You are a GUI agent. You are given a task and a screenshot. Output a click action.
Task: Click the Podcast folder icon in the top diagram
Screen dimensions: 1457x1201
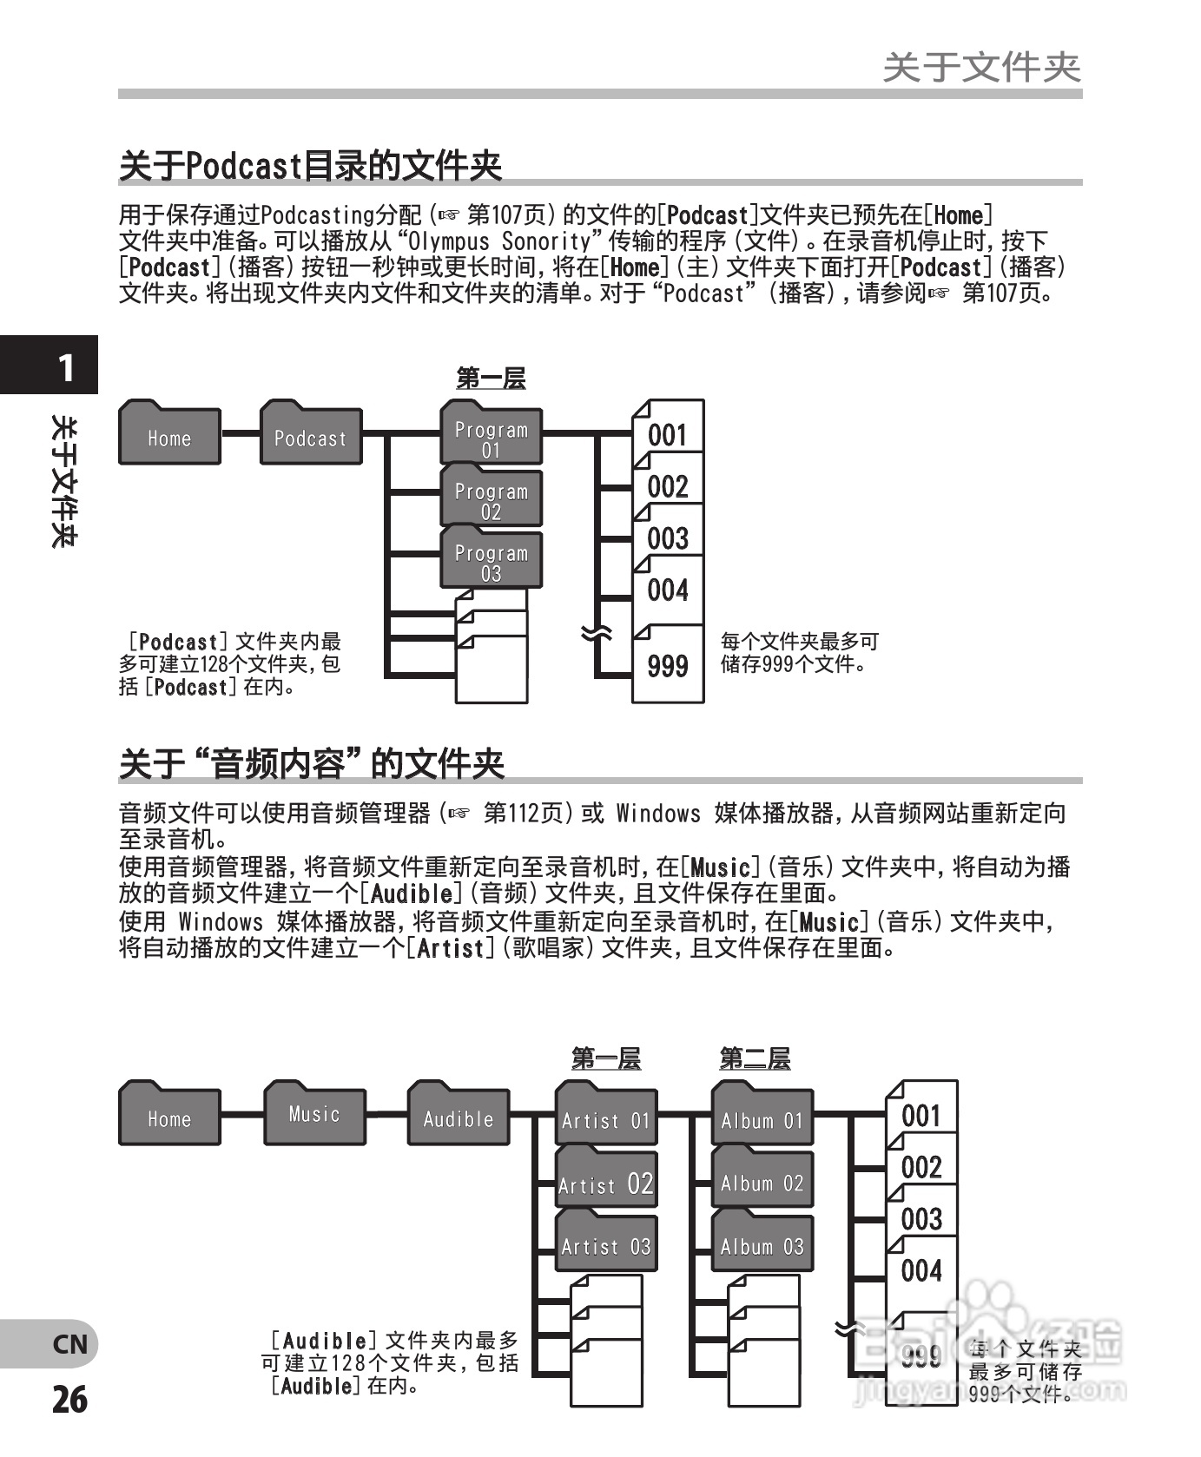coord(310,436)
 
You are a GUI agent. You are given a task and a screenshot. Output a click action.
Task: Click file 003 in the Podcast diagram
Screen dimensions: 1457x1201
coord(667,538)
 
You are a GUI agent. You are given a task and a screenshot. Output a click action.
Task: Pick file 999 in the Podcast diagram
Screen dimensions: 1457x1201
coord(667,666)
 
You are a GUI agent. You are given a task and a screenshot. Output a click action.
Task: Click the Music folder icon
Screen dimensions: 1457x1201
coord(314,1116)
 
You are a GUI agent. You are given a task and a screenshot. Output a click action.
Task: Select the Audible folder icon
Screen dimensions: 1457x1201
coord(458,1117)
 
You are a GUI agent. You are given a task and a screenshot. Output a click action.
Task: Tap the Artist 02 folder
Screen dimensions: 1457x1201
coord(605,1182)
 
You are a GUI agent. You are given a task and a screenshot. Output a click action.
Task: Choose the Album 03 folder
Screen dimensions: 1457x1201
coord(762,1244)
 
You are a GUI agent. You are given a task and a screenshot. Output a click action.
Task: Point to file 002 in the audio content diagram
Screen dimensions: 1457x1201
coord(921,1167)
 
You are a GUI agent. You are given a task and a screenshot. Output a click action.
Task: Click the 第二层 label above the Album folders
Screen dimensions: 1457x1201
coord(755,1058)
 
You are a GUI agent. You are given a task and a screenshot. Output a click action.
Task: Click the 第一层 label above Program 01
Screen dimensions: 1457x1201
coord(491,378)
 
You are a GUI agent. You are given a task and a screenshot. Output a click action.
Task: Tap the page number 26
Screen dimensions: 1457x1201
coord(69,1400)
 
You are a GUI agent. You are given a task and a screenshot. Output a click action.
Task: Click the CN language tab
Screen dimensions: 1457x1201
coord(69,1344)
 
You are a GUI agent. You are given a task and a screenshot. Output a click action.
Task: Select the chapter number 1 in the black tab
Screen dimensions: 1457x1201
coord(65,368)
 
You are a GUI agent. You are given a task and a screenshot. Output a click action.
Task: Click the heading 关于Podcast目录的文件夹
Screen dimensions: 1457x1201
coord(310,165)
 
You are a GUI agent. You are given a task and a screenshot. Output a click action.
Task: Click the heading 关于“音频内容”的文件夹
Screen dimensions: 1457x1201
coord(311,763)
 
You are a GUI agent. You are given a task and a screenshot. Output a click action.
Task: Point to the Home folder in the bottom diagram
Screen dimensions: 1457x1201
coord(169,1117)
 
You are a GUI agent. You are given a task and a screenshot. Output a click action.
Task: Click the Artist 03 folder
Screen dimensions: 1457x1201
coord(605,1244)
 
